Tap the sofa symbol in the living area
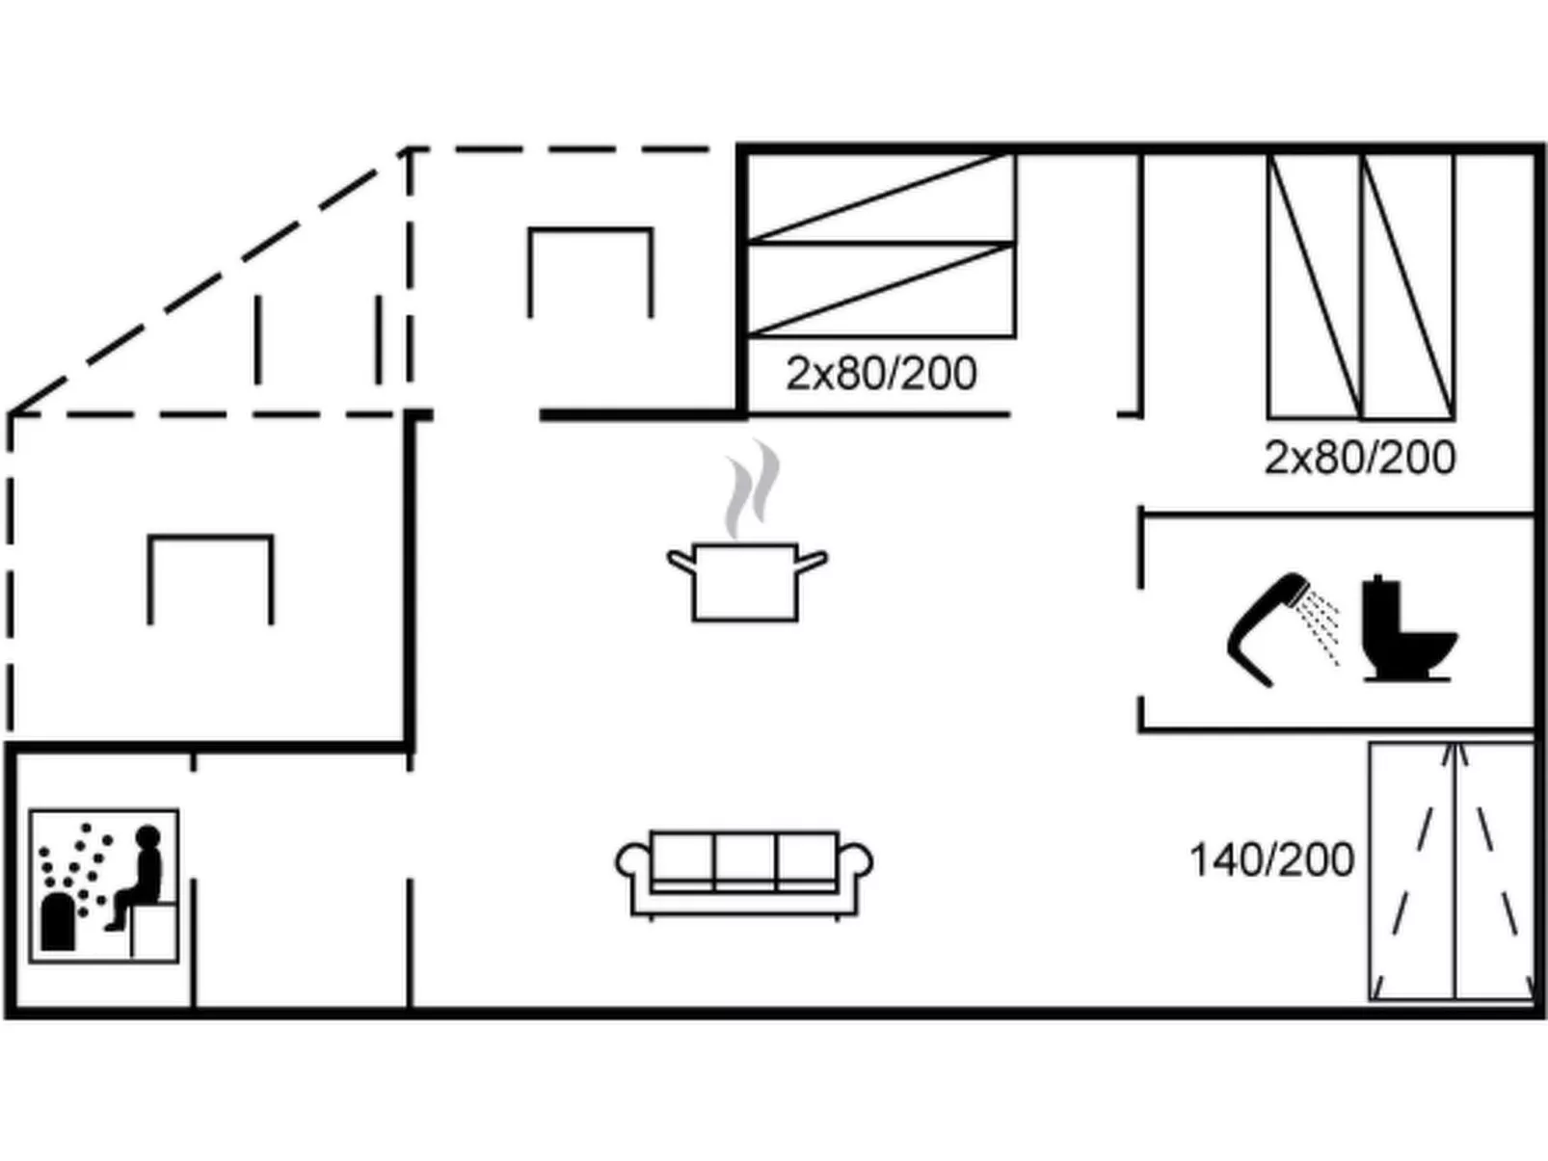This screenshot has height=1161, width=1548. [744, 875]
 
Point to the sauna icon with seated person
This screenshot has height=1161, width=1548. [104, 885]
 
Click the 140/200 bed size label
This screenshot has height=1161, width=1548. [1271, 860]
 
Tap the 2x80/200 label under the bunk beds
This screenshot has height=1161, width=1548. [881, 374]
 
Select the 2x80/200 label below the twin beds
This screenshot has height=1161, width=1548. [1360, 459]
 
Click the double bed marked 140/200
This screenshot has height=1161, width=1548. [1452, 871]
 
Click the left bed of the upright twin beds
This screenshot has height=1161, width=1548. [1315, 286]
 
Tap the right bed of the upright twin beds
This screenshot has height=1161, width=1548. [1408, 286]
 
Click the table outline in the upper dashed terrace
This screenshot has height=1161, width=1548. [591, 230]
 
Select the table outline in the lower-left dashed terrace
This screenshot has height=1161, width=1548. [210, 539]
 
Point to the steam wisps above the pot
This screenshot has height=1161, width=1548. [753, 488]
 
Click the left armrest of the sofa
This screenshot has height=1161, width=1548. [632, 861]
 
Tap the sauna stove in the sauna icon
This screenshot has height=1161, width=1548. [58, 921]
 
